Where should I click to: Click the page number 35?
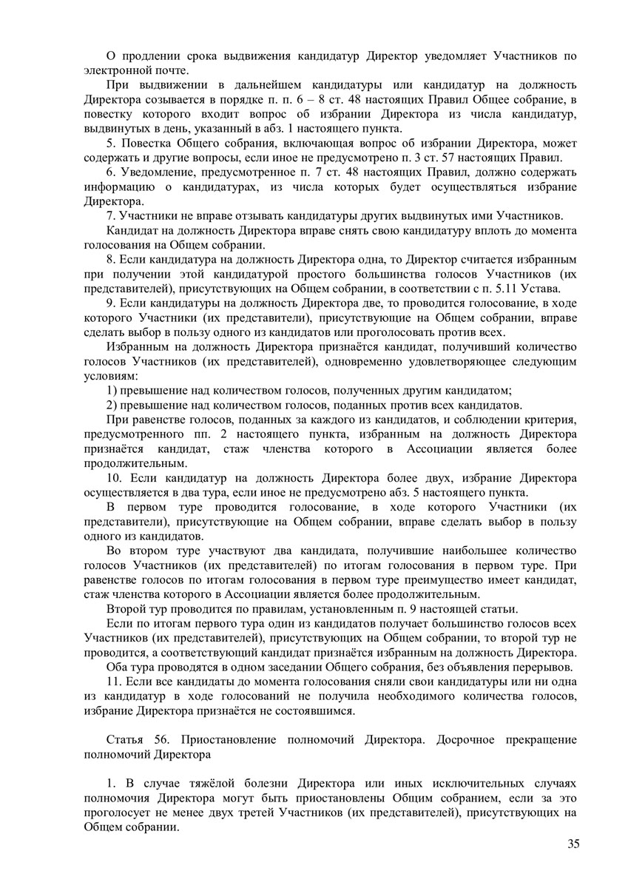click(x=573, y=845)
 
